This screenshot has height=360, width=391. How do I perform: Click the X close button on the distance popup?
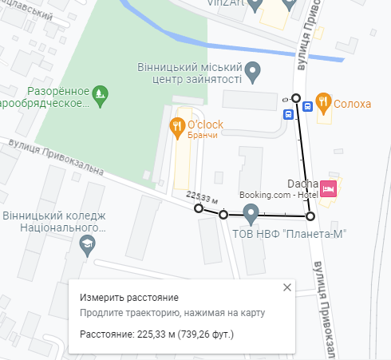tap(287, 287)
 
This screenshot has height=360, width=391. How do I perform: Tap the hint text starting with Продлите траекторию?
tap(172, 313)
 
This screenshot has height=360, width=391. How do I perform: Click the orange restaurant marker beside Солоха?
tap(322, 101)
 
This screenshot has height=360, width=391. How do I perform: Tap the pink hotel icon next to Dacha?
tap(330, 189)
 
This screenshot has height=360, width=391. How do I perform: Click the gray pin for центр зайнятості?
tap(253, 72)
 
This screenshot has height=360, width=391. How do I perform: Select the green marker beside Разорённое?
tap(99, 94)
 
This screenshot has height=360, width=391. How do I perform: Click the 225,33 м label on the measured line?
tap(201, 197)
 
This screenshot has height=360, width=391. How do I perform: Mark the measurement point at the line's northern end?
tap(296, 98)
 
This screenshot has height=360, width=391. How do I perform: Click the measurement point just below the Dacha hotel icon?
tap(310, 216)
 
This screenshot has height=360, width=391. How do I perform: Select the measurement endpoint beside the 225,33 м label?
tap(199, 209)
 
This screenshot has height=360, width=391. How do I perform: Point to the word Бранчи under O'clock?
tap(202, 136)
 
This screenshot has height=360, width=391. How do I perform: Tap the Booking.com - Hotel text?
tap(278, 195)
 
